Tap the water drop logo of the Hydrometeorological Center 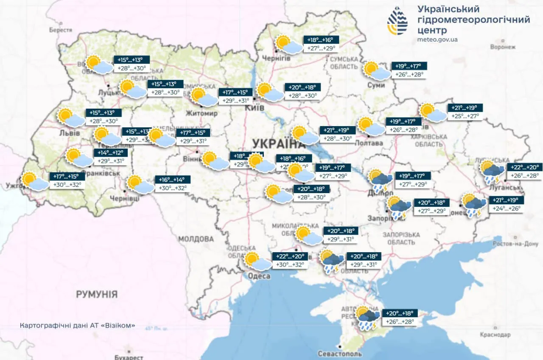[397, 21]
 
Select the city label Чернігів [276, 58]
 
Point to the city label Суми [376, 85]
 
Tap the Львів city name [69, 133]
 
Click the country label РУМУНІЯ [97, 294]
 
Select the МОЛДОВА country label [196, 239]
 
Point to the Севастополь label [340, 354]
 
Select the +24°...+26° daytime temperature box [506, 209]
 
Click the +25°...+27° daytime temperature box [465, 116]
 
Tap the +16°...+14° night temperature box [172, 179]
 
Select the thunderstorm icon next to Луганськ [492, 171]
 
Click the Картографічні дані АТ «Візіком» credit [78, 326]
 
